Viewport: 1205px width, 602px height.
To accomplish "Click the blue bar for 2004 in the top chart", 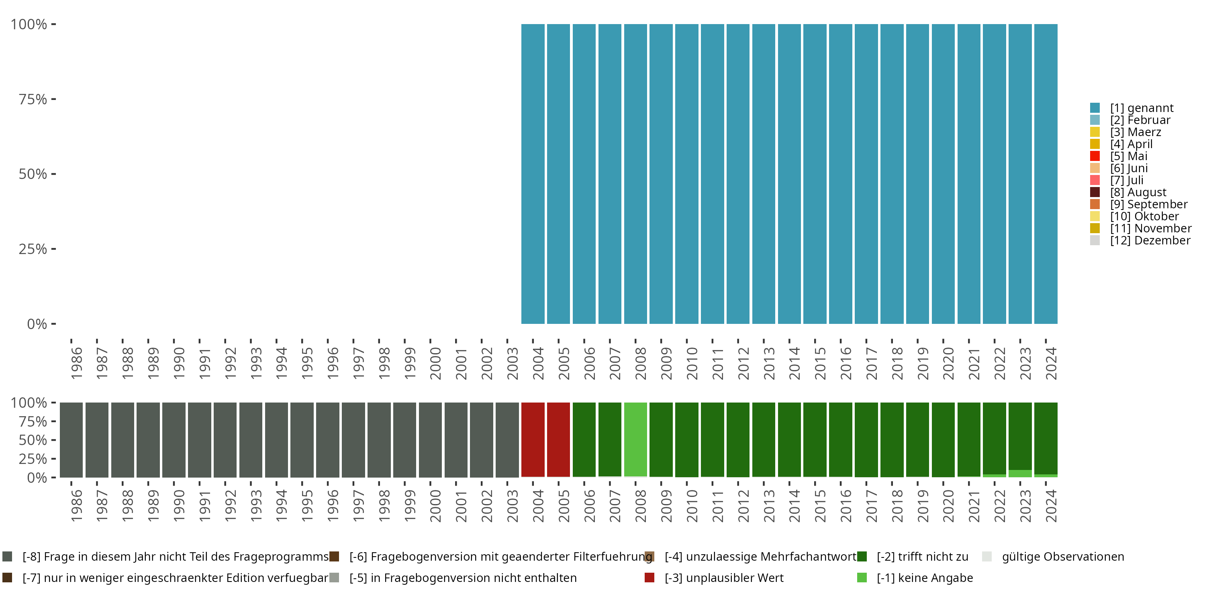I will [x=533, y=174].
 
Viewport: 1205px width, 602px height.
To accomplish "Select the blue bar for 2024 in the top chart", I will [x=1046, y=174].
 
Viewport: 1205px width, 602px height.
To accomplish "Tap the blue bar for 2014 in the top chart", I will [x=789, y=174].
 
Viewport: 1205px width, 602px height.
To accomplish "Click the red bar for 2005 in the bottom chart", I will [x=559, y=439].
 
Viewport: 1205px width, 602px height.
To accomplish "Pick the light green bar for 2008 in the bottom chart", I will [x=635, y=439].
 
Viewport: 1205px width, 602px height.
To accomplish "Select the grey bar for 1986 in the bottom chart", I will [x=71, y=439].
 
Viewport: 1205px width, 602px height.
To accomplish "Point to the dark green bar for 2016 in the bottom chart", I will [x=841, y=439].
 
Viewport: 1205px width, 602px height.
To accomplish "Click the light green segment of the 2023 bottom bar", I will [x=1020, y=474].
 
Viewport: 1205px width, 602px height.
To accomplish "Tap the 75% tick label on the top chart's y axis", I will [x=33, y=99].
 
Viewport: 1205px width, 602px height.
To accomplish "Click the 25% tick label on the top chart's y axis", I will [x=33, y=249].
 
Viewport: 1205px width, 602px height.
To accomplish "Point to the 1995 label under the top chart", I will [x=307, y=363].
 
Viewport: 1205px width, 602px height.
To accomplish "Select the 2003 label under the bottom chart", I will [x=512, y=506].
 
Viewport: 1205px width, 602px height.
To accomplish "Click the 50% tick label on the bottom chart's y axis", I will [x=33, y=440].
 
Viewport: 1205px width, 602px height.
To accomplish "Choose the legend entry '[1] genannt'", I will [x=1142, y=108].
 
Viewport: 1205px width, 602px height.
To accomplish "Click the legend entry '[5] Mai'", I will [x=1128, y=156].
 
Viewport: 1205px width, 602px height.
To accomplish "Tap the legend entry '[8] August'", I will [x=1138, y=192].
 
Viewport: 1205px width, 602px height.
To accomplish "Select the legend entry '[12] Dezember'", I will [x=1150, y=240].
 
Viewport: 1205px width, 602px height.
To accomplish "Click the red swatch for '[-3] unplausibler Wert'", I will [x=649, y=578].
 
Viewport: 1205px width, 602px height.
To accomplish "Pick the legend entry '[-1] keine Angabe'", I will [x=924, y=578].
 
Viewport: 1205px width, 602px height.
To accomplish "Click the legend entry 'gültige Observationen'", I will [x=1062, y=557].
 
